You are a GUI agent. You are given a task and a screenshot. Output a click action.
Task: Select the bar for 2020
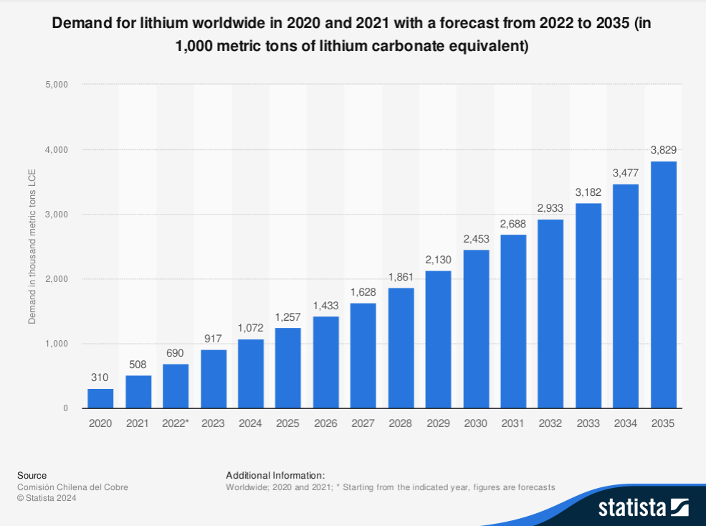pyautogui.click(x=100, y=398)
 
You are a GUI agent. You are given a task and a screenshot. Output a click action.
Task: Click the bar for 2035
pyautogui.click(x=663, y=285)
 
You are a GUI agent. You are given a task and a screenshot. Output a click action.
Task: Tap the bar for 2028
pyautogui.click(x=401, y=348)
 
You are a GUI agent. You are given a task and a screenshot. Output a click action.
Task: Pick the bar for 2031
pyautogui.click(x=513, y=321)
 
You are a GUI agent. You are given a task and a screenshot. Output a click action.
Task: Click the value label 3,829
pyautogui.click(x=663, y=150)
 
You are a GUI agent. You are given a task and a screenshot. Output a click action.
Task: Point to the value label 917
pyautogui.click(x=214, y=338)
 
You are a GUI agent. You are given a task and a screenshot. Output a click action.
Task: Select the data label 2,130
pyautogui.click(x=438, y=259)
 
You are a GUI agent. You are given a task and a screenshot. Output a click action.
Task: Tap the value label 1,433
pyautogui.click(x=325, y=305)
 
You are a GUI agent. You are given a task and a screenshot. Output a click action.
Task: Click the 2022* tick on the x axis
pyautogui.click(x=176, y=424)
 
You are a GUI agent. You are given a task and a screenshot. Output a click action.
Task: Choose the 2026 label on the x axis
pyautogui.click(x=325, y=424)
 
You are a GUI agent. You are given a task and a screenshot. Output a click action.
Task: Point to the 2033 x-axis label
pyautogui.click(x=588, y=424)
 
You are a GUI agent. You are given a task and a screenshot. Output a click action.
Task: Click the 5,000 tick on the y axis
pyautogui.click(x=56, y=85)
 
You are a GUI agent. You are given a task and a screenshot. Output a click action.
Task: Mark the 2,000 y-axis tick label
pyautogui.click(x=56, y=279)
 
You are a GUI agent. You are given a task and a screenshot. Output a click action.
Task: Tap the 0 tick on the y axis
pyautogui.click(x=65, y=408)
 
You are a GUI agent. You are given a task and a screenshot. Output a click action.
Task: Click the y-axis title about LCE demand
pyautogui.click(x=32, y=247)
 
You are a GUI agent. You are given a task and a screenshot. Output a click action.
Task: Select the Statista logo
pyautogui.click(x=643, y=508)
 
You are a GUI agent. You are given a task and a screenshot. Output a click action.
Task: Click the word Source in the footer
pyautogui.click(x=32, y=475)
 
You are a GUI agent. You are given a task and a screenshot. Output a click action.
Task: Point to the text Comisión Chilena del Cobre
pyautogui.click(x=72, y=487)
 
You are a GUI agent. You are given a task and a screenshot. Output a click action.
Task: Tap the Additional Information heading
pyautogui.click(x=275, y=475)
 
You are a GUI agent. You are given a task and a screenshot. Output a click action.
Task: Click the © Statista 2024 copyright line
pyautogui.click(x=47, y=498)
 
